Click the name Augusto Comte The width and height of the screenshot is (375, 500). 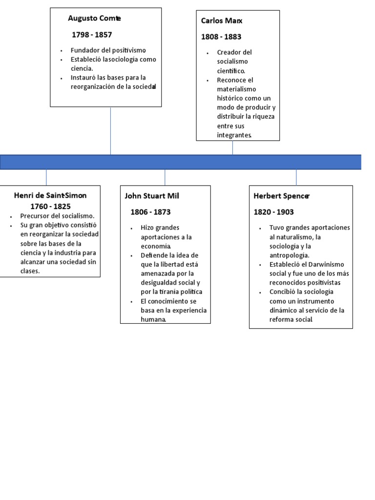[94, 19]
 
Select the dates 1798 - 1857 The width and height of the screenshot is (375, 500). [92, 35]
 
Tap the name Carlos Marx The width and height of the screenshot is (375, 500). [222, 21]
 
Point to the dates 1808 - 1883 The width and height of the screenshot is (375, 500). [221, 37]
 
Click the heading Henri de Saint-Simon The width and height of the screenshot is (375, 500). [50, 195]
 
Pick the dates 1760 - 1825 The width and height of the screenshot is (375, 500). [50, 207]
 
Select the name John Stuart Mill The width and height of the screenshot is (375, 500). [152, 196]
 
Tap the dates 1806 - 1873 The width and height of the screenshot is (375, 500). [150, 212]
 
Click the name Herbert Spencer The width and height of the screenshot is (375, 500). [282, 196]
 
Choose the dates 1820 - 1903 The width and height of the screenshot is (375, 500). [273, 212]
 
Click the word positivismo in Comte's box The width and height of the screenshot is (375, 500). [129, 50]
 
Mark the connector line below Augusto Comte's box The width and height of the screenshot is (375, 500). [110, 131]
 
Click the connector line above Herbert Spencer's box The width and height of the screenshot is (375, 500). [296, 177]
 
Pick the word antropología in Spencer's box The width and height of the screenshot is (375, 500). [290, 255]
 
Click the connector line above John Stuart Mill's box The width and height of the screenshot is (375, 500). [165, 177]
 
